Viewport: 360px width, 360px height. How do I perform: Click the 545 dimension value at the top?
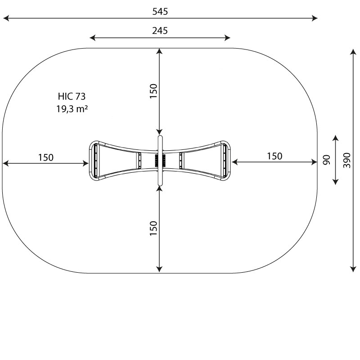(160, 12)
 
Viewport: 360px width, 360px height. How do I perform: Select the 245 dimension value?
(160, 31)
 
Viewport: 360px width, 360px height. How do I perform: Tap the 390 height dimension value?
(347, 160)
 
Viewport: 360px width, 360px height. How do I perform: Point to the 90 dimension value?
(326, 160)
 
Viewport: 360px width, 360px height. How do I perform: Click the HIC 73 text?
(72, 96)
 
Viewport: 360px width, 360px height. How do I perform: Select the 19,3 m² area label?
(72, 109)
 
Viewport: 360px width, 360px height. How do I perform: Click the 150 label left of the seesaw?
(46, 157)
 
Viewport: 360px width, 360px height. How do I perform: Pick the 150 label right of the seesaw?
(274, 156)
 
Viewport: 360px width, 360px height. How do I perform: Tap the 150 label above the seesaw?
(153, 91)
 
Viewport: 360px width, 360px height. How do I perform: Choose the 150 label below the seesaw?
(153, 228)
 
